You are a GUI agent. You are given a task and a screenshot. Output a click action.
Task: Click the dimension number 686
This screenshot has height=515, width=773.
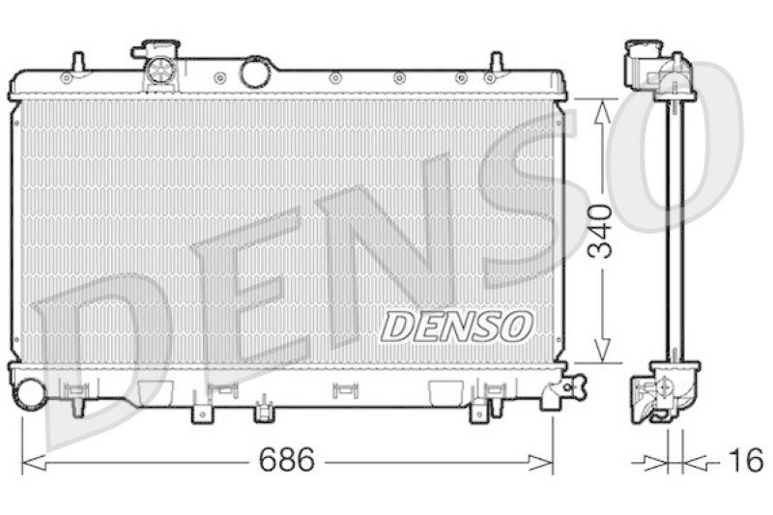tap(286, 462)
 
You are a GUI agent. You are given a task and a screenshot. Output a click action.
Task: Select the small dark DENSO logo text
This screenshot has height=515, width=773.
tap(456, 326)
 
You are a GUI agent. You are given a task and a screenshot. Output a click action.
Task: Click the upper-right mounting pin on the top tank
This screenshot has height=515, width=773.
tap(494, 63)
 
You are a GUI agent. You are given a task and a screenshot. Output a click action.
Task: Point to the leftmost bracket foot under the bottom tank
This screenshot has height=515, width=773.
tap(200, 413)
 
